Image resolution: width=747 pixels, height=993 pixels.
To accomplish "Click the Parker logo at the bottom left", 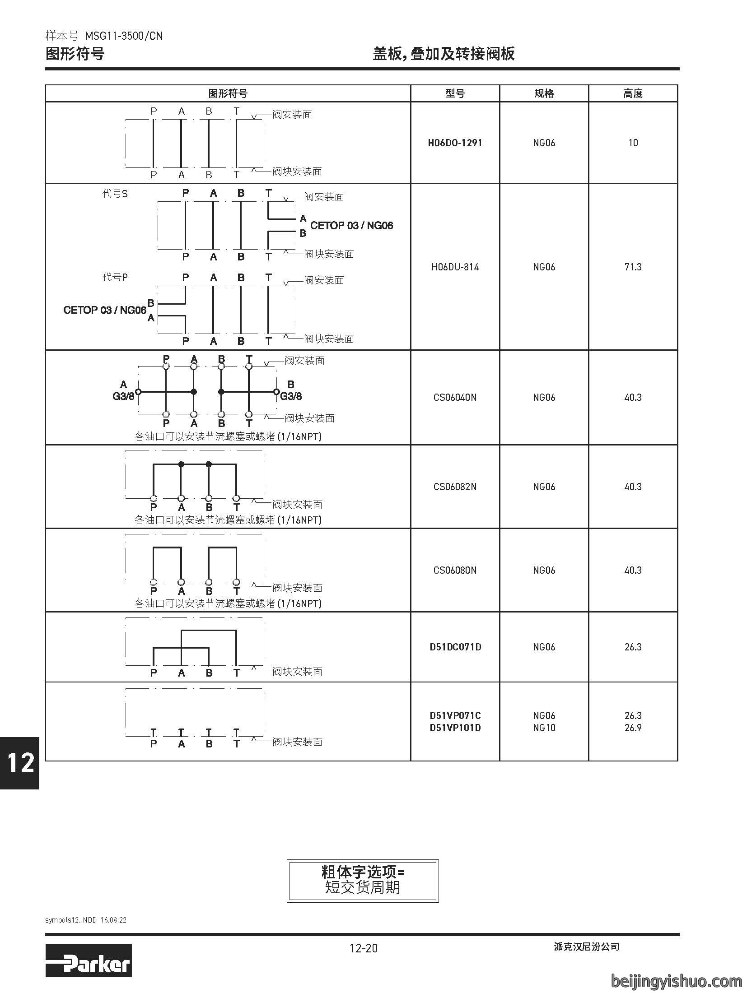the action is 89,965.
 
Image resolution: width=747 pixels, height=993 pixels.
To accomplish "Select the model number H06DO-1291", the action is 455,143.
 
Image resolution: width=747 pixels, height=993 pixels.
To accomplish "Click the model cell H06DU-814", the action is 455,267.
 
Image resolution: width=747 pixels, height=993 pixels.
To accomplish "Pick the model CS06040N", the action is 455,398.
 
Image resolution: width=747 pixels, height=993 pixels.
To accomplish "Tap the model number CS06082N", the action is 455,487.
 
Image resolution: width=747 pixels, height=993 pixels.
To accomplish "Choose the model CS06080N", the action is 455,571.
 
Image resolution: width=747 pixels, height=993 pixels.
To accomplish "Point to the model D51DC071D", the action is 455,647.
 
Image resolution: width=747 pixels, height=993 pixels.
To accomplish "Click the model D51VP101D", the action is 455,728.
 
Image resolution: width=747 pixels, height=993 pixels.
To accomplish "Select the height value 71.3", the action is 633,267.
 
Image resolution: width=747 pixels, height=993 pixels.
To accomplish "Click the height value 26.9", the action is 633,728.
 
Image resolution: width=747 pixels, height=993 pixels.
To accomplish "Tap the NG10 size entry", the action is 544,728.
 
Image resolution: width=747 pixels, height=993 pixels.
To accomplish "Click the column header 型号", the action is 455,93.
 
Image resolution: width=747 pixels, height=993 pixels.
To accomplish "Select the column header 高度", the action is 633,93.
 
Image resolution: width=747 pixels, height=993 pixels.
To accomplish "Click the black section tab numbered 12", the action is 19,763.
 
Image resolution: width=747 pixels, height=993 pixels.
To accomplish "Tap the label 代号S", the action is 115,194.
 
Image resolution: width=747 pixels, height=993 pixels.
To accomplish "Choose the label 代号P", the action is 115,277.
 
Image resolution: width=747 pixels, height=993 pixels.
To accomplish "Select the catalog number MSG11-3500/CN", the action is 124,36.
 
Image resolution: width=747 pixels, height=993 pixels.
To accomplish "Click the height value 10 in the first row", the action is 633,143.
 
